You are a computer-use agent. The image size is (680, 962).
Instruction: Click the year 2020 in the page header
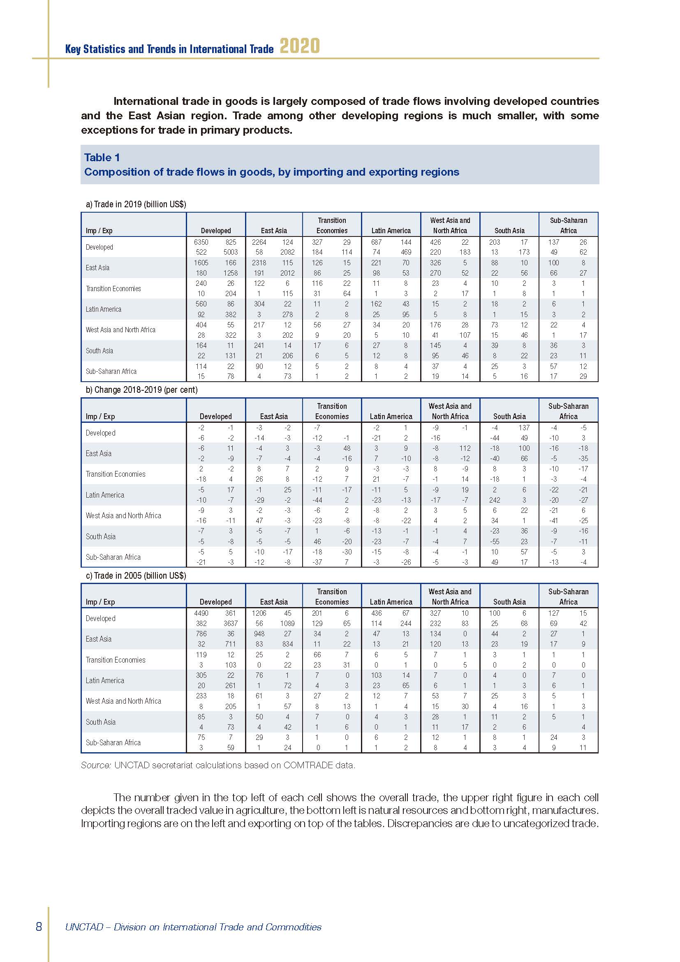299,46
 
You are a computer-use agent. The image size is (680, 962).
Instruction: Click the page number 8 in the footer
39,926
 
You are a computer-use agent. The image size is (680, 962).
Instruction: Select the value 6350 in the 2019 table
201,242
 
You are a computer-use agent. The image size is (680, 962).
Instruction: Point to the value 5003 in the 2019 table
230,252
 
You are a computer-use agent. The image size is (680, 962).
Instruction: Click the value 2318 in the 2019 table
259,263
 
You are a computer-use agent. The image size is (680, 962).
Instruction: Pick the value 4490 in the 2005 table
201,613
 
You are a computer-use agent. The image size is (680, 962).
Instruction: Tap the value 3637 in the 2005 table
230,624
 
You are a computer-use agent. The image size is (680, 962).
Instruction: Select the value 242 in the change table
495,500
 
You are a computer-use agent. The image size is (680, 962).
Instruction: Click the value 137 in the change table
524,427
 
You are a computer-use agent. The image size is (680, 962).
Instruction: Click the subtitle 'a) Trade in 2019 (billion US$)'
136,204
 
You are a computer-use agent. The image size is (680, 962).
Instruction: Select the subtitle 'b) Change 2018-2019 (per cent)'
141,389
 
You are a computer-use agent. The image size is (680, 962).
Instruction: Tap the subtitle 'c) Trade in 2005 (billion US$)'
136,576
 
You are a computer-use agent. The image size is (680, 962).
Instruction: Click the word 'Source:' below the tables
96,765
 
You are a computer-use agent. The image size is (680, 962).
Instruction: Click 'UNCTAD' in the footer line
84,927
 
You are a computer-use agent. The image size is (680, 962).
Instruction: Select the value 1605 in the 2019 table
201,263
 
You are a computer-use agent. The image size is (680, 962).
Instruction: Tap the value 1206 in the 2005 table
259,613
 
